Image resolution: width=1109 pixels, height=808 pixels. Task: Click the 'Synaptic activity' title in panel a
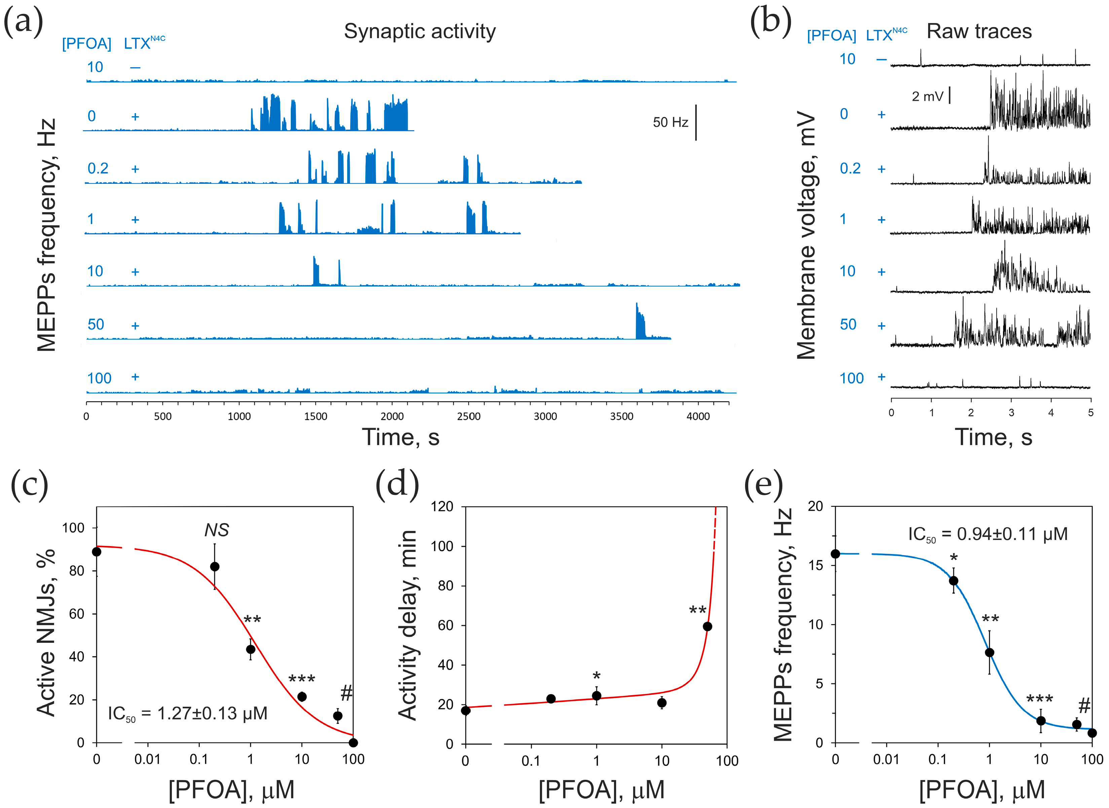point(419,31)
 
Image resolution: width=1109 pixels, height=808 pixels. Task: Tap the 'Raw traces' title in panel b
point(979,31)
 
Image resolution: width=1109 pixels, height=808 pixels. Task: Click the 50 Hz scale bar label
point(670,122)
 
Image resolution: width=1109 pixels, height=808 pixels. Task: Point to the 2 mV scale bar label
point(927,96)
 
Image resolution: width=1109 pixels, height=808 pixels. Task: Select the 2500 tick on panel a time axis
point(469,416)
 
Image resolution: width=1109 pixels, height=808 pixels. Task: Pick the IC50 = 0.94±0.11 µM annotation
point(988,534)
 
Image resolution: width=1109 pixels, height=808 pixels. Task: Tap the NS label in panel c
point(216,530)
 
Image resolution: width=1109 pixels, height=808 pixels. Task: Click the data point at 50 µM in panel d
point(707,627)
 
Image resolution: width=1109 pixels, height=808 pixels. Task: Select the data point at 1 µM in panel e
point(989,652)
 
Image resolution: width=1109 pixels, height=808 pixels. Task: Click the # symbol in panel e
point(1084,706)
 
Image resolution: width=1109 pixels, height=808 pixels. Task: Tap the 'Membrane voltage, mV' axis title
point(806,235)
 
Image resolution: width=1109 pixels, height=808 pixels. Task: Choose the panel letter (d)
point(397,484)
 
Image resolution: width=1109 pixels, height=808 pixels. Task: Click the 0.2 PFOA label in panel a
point(98,169)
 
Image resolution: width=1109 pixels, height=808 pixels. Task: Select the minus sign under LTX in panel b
point(882,60)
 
